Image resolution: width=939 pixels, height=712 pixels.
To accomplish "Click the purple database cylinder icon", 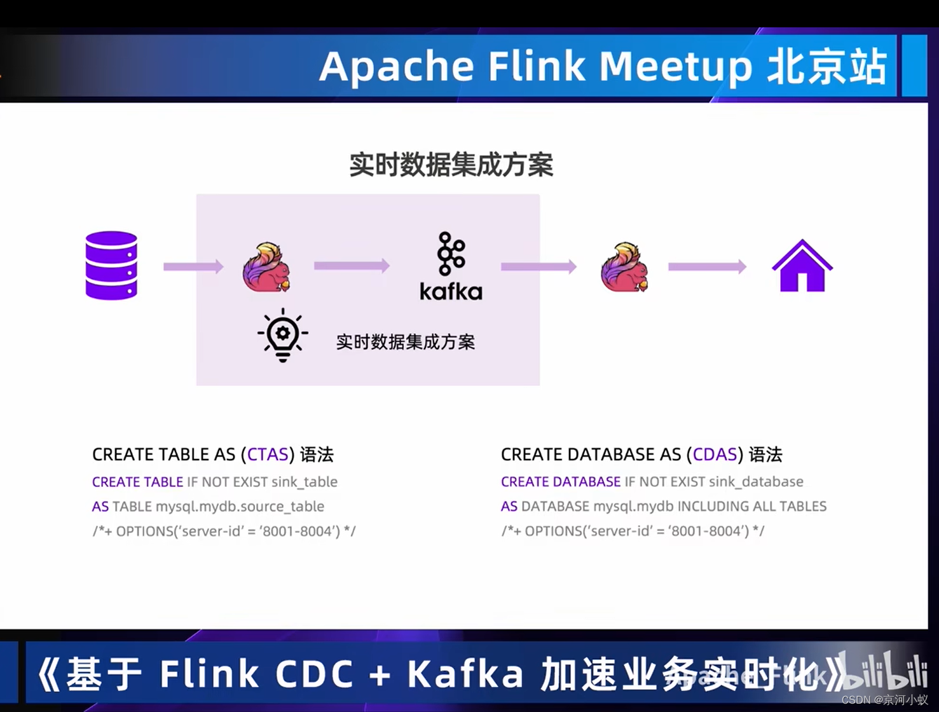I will click(x=111, y=265).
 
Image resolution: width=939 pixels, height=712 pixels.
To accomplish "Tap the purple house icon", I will click(x=802, y=266).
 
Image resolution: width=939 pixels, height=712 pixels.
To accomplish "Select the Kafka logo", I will click(x=451, y=266).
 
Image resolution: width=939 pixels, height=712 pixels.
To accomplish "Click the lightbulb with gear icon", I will click(x=283, y=335).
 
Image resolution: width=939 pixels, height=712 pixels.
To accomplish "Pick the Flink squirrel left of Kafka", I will click(x=266, y=267).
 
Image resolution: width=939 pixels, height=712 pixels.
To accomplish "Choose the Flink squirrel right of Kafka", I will click(x=624, y=267).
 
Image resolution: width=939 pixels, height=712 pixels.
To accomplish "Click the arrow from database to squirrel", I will click(x=193, y=266).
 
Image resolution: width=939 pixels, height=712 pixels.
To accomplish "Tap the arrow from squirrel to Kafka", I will click(x=352, y=265).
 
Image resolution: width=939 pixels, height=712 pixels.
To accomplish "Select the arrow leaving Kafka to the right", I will click(x=538, y=266).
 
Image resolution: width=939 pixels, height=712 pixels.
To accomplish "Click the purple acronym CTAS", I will click(x=268, y=455).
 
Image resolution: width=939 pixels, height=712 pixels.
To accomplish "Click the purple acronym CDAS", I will click(x=715, y=455).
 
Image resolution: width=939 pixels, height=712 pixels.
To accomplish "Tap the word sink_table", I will click(x=304, y=482).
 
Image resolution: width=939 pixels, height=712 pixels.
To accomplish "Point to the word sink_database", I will click(x=756, y=482).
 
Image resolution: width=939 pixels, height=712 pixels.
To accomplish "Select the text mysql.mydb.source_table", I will click(x=240, y=507).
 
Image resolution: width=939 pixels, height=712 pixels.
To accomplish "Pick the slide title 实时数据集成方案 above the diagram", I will click(x=451, y=165).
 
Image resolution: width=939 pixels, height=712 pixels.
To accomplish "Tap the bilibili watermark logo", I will click(x=887, y=671).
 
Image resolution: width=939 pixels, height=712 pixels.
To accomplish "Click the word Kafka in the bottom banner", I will click(x=465, y=674).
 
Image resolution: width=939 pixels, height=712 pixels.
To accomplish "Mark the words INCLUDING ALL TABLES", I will click(x=752, y=507).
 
